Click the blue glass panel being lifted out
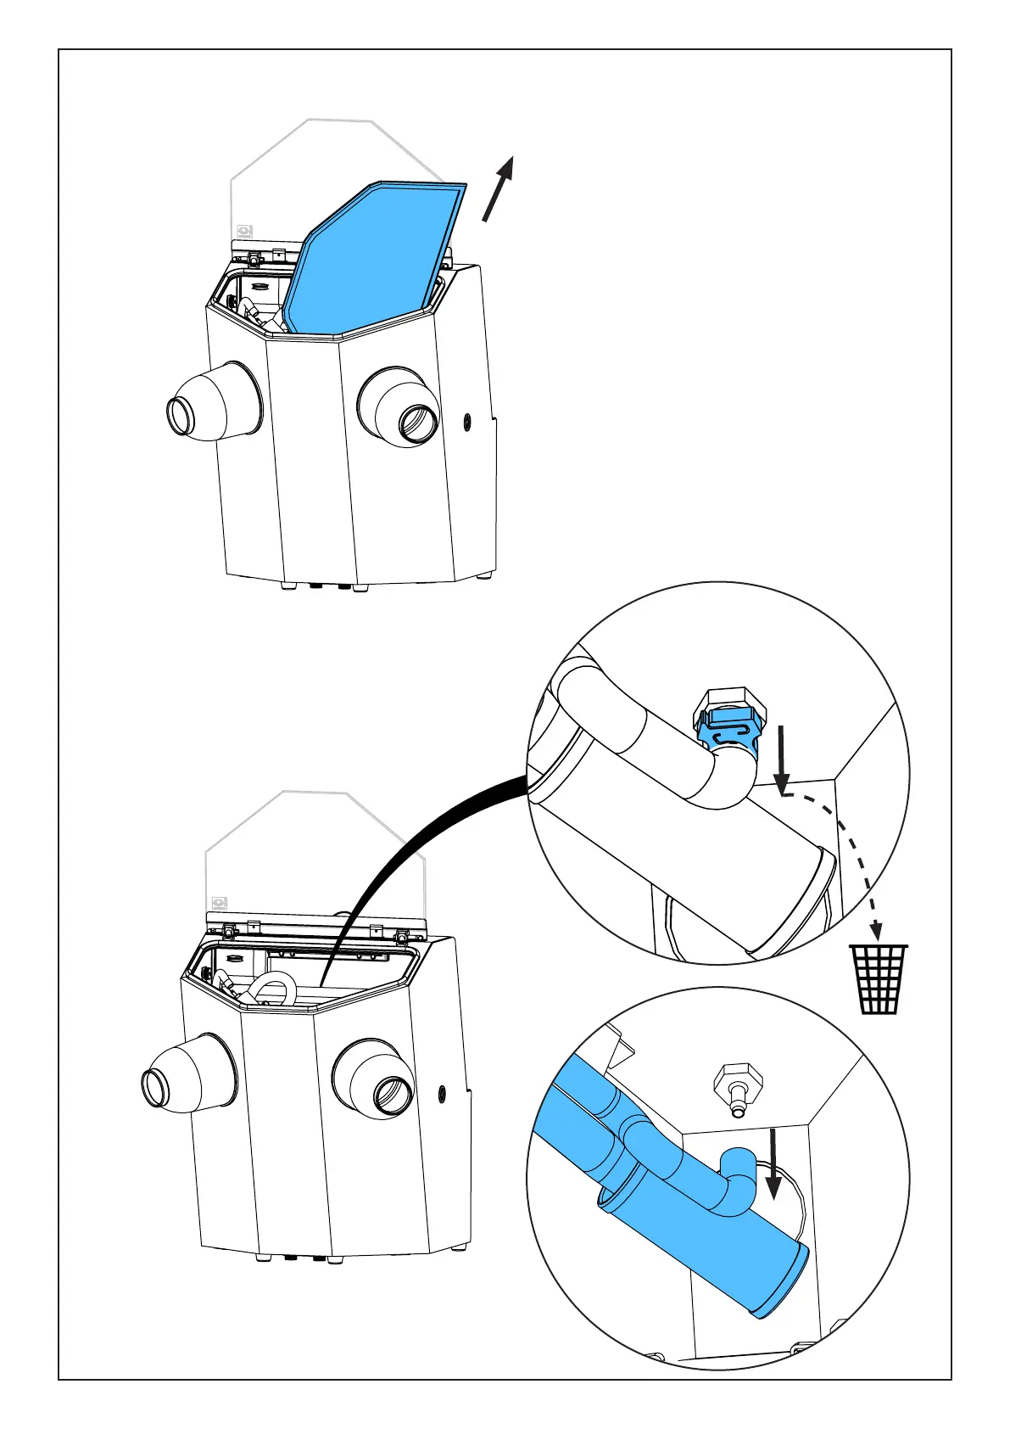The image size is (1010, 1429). tap(373, 255)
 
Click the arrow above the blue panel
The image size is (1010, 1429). tap(499, 188)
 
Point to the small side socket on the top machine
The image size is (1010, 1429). tap(466, 419)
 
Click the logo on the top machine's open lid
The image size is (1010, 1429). tap(245, 229)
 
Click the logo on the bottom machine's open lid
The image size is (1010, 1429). tap(220, 904)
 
